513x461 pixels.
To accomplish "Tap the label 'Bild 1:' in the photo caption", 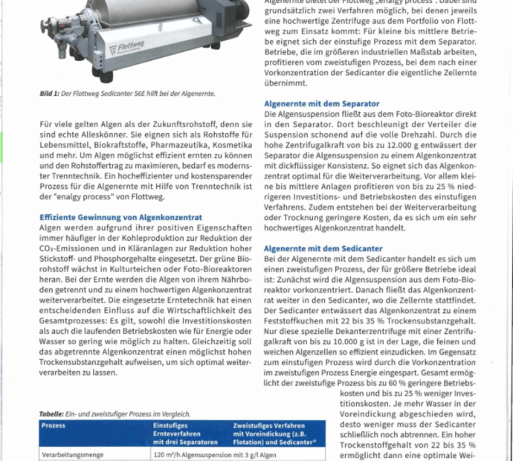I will click(50, 94).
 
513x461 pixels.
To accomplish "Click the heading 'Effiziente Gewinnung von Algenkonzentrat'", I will click(120, 216).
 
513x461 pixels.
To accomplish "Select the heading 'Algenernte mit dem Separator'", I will click(321, 103).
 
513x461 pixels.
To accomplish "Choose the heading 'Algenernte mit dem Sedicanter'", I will click(323, 248).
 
